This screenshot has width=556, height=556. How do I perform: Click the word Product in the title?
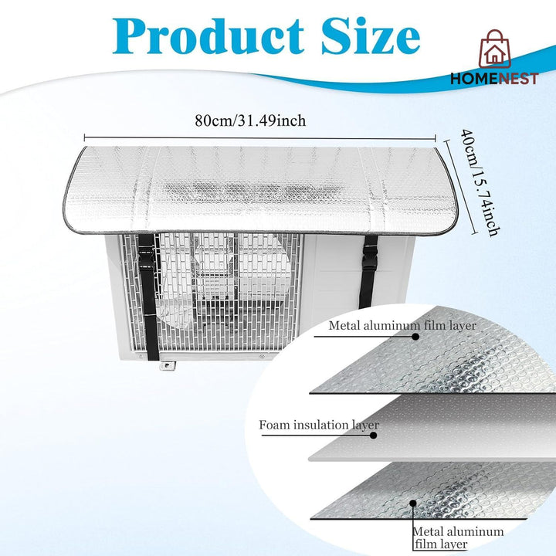pos(208,36)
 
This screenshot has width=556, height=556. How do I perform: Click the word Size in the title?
pos(371,36)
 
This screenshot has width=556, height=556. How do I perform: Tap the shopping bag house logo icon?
pos(495,49)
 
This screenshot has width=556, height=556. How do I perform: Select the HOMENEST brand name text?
pos(494,79)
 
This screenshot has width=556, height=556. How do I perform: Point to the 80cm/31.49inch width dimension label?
pos(250,120)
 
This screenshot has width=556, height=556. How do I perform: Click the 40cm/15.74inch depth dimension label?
pos(480,182)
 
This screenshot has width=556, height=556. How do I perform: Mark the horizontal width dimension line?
pos(260,138)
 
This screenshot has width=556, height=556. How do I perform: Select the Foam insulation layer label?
pos(319,425)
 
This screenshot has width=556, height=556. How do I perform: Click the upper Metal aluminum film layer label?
pos(402,326)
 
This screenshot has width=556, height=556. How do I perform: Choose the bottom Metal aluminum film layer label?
pos(458,537)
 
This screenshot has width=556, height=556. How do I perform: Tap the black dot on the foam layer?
pos(373,435)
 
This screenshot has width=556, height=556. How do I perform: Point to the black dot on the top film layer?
pos(415,337)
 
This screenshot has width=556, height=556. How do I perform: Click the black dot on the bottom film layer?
pos(412,503)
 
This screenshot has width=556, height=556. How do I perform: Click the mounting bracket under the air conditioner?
pos(167,365)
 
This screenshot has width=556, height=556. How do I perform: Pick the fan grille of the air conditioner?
pos(212,291)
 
